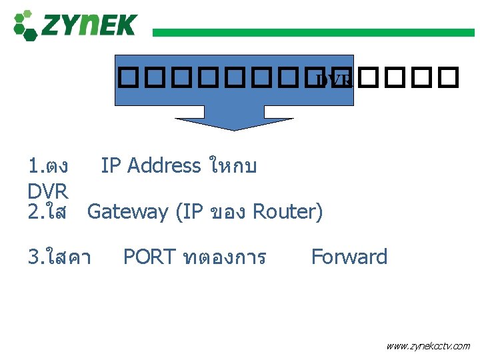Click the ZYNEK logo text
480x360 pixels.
(88, 25)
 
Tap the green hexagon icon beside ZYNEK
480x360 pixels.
(25, 25)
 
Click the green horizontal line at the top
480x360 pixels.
(313, 32)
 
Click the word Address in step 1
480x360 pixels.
(163, 165)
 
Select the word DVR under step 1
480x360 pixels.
(48, 191)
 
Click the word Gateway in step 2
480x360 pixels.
(128, 212)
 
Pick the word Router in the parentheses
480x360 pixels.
(288, 212)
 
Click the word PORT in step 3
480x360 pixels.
(149, 257)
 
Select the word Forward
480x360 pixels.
(349, 257)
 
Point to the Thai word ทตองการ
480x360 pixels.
(224, 257)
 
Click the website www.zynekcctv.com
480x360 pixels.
(428, 346)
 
